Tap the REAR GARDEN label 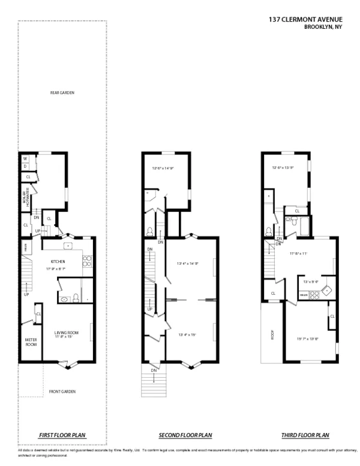pyautogui.click(x=62, y=92)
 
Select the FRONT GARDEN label pyautogui.click(x=62, y=392)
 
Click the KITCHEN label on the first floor pyautogui.click(x=58, y=261)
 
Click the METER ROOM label pyautogui.click(x=31, y=342)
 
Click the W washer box pyautogui.click(x=25, y=159)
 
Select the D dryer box pyautogui.click(x=25, y=166)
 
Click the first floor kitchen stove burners pyautogui.click(x=86, y=261)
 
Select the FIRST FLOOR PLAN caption pyautogui.click(x=62, y=435)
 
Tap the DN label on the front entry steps pyautogui.click(x=154, y=371)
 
